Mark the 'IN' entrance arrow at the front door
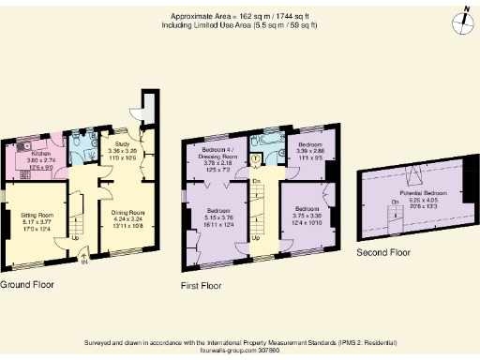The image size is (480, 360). pyautogui.click(x=84, y=262)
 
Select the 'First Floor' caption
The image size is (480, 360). pyautogui.click(x=202, y=280)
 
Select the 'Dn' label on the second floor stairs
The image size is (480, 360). pyautogui.click(x=395, y=202)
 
